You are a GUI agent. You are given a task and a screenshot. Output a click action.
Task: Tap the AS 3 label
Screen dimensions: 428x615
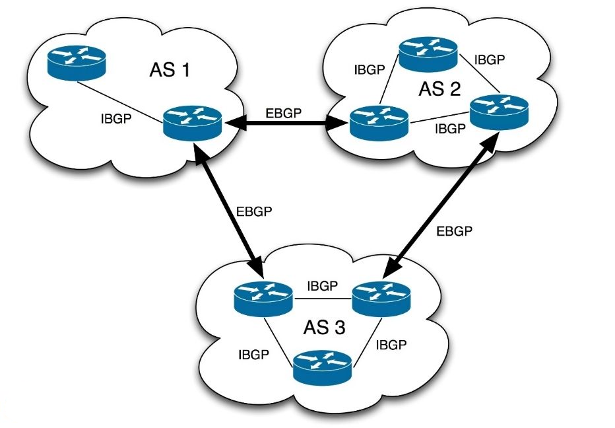coord(325,327)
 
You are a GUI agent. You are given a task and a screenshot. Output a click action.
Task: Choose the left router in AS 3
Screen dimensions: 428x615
coord(263,299)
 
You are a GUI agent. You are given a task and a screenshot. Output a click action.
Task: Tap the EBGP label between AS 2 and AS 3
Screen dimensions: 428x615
coord(456,231)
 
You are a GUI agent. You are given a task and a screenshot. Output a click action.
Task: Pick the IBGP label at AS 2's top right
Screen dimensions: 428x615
coord(490,59)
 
